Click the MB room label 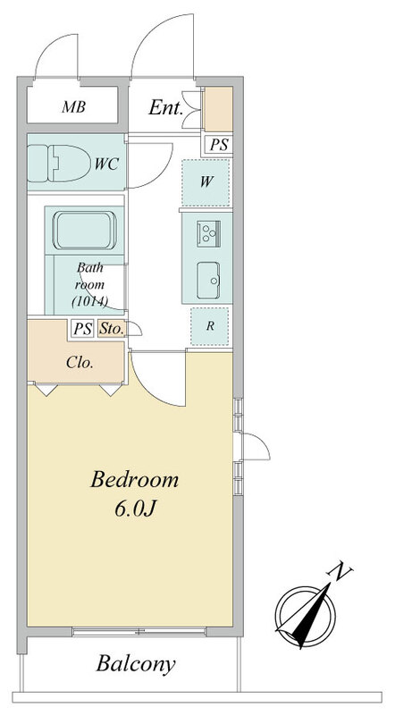pyautogui.click(x=74, y=107)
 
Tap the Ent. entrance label pyautogui.click(x=165, y=108)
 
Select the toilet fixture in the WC pyautogui.click(x=59, y=163)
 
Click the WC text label pyautogui.click(x=106, y=164)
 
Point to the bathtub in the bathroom pyautogui.click(x=84, y=231)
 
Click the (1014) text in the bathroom pyautogui.click(x=90, y=301)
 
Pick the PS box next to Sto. pyautogui.click(x=82, y=328)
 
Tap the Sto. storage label pyautogui.click(x=111, y=329)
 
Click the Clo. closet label pyautogui.click(x=80, y=363)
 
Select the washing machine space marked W pyautogui.click(x=206, y=182)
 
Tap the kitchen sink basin pyautogui.click(x=208, y=281)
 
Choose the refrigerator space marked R pyautogui.click(x=210, y=326)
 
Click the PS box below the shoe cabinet pyautogui.click(x=218, y=145)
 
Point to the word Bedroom pyautogui.click(x=134, y=480)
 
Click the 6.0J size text pyautogui.click(x=136, y=509)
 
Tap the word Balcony pyautogui.click(x=136, y=664)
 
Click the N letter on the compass pyautogui.click(x=340, y=572)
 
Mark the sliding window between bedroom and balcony pyautogui.click(x=139, y=632)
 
